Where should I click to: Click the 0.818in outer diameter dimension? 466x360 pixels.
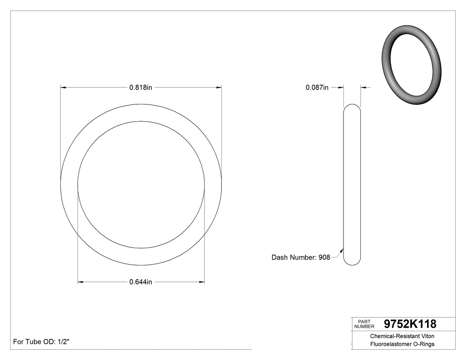(141, 88)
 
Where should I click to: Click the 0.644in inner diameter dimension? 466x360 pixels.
(141, 282)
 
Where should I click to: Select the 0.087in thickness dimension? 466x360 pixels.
(317, 88)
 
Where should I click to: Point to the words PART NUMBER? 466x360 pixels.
(364, 324)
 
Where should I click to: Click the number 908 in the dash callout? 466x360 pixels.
(324, 257)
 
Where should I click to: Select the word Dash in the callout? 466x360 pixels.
(280, 257)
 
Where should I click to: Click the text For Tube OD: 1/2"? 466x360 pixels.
(42, 342)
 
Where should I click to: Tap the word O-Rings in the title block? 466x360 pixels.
(423, 344)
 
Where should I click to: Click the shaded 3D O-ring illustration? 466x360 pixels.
(411, 66)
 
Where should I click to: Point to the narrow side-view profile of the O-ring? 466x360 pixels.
(352, 185)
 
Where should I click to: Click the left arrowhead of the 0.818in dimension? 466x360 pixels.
(63, 88)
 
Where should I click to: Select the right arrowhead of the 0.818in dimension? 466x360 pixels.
(219, 88)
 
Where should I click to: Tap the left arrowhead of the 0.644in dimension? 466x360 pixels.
(80, 282)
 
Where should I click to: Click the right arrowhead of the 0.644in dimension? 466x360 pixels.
(202, 282)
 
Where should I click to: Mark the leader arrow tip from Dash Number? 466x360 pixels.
(343, 249)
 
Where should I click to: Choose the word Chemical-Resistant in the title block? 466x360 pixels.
(392, 336)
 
